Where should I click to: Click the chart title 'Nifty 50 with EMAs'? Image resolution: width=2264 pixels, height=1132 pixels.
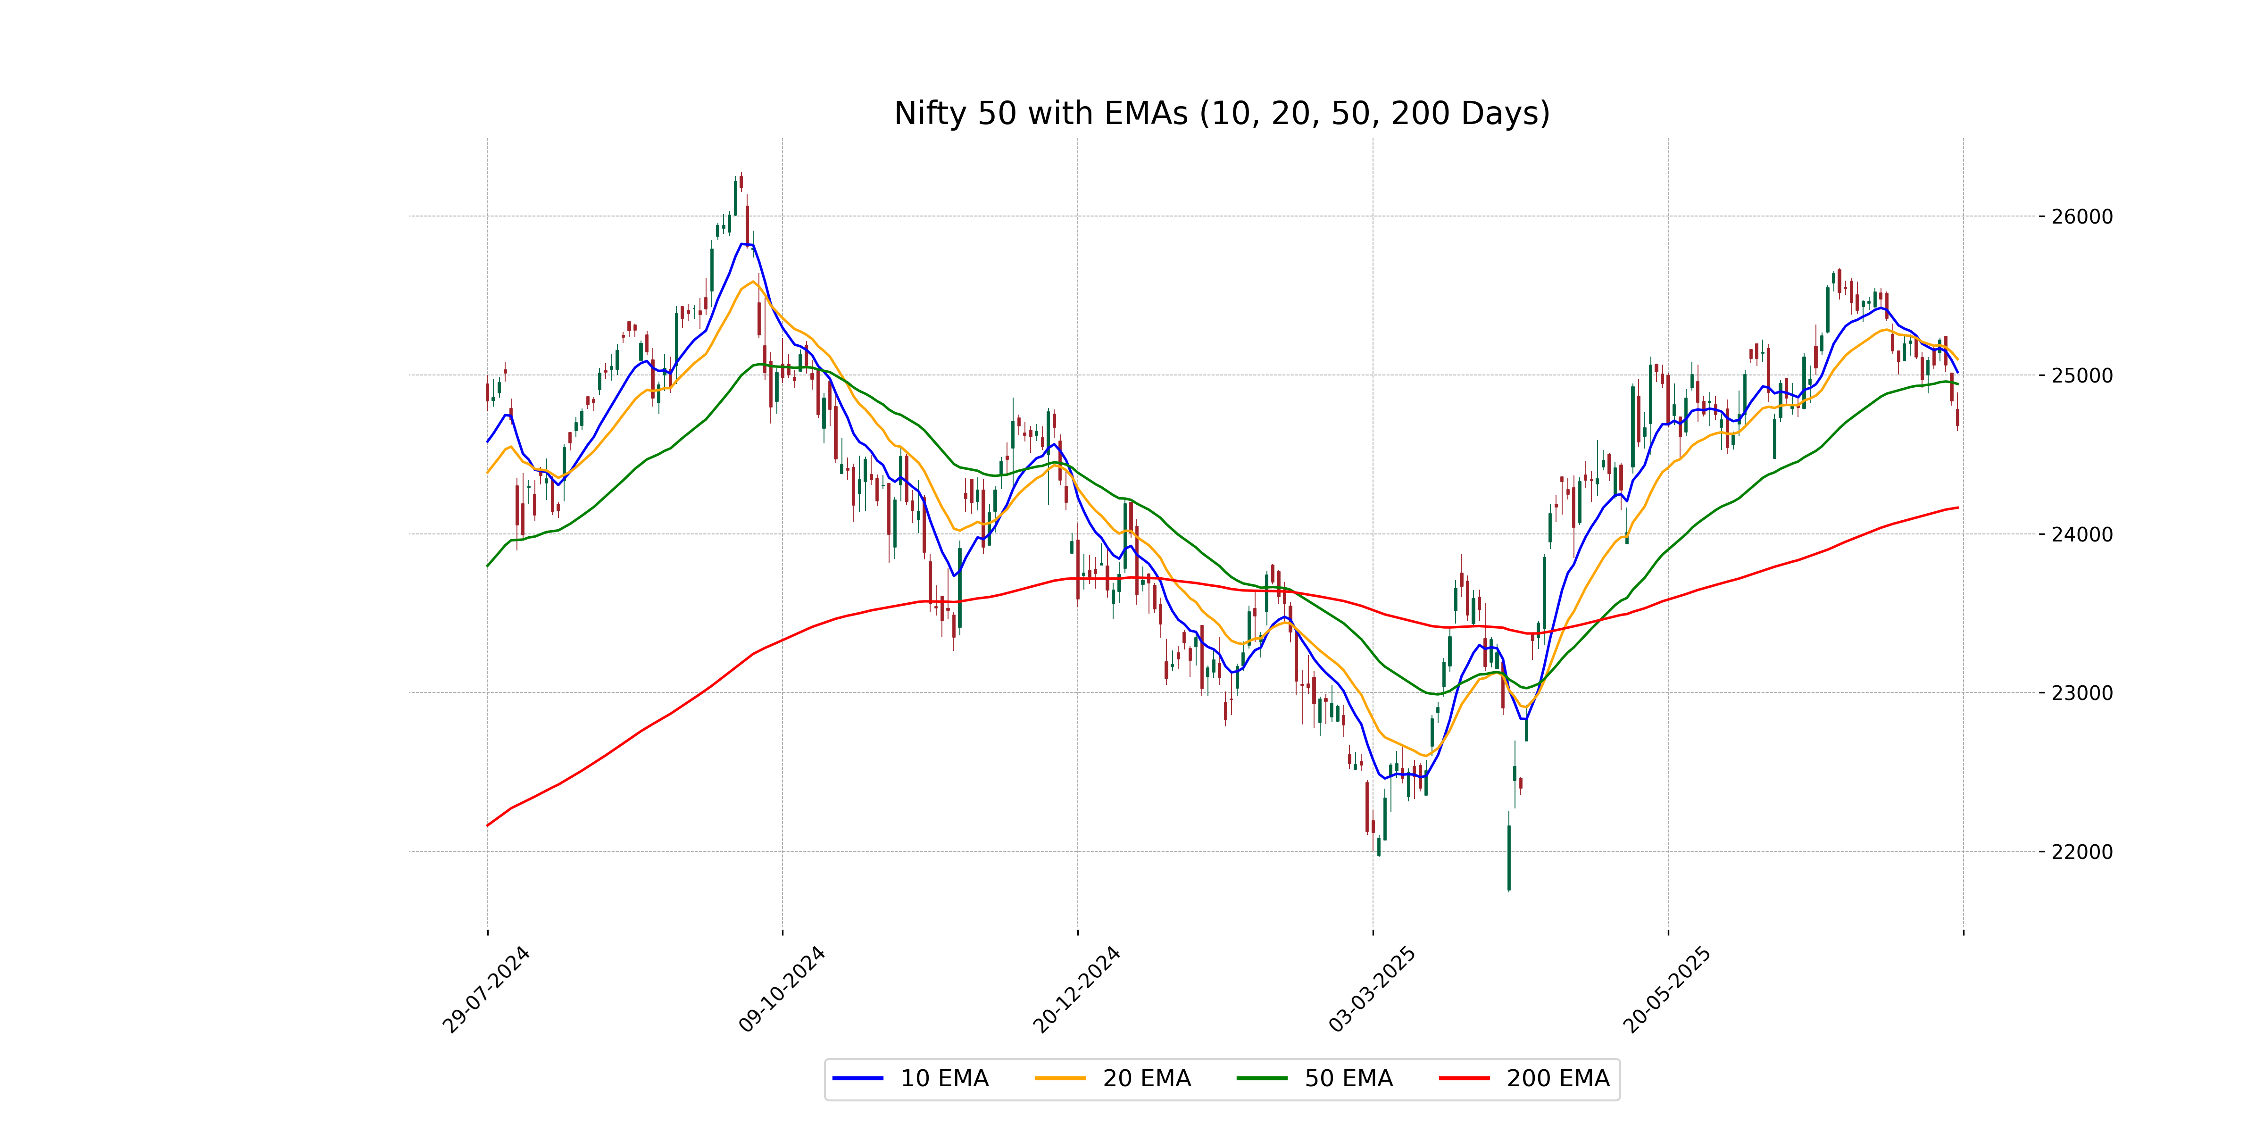tap(1222, 113)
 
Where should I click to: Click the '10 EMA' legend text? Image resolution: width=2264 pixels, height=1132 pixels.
tap(944, 1078)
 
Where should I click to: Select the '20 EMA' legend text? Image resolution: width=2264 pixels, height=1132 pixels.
tap(1146, 1078)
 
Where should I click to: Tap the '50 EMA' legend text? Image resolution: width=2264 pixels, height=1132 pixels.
tap(1348, 1078)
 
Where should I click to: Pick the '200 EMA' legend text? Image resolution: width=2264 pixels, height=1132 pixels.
tap(1557, 1078)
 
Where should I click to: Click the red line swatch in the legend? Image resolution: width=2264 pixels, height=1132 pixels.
tap(1464, 1078)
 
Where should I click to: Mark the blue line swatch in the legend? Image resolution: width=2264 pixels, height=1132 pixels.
tap(858, 1078)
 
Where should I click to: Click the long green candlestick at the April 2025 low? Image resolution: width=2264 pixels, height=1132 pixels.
tap(1509, 857)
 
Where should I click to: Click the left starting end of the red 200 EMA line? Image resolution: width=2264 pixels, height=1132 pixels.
tap(488, 825)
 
